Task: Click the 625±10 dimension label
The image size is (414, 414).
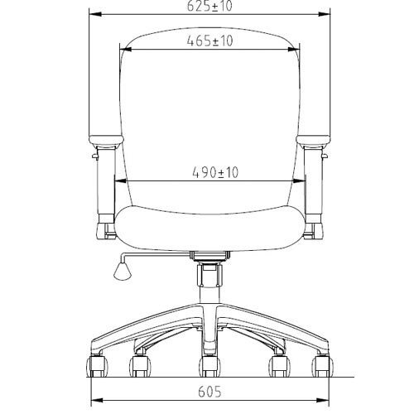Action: tap(209, 6)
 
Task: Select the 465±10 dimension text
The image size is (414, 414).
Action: tap(209, 41)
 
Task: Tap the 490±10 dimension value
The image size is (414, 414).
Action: tap(215, 172)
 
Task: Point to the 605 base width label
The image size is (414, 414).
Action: tap(209, 392)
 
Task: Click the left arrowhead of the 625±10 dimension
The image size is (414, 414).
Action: tap(95, 14)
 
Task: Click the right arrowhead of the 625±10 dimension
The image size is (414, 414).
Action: tap(324, 14)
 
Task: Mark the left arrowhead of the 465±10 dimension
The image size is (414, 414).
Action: tap(126, 50)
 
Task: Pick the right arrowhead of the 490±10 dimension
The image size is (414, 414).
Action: tap(299, 181)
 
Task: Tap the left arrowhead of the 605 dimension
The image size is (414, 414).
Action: tap(97, 400)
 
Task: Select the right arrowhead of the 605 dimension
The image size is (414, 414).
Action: tap(323, 400)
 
